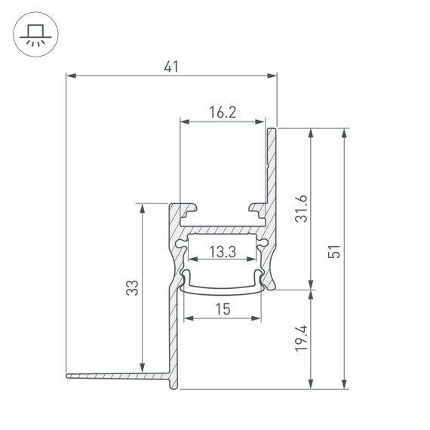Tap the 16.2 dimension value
click(223, 112)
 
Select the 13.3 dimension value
click(223, 253)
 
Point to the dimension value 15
click(223, 309)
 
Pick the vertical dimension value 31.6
click(302, 208)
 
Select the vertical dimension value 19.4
click(302, 339)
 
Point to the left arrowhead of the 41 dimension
click(71, 75)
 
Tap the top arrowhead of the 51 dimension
click(345, 133)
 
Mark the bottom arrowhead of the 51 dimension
click(345, 385)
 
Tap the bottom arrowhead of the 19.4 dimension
click(311, 385)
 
